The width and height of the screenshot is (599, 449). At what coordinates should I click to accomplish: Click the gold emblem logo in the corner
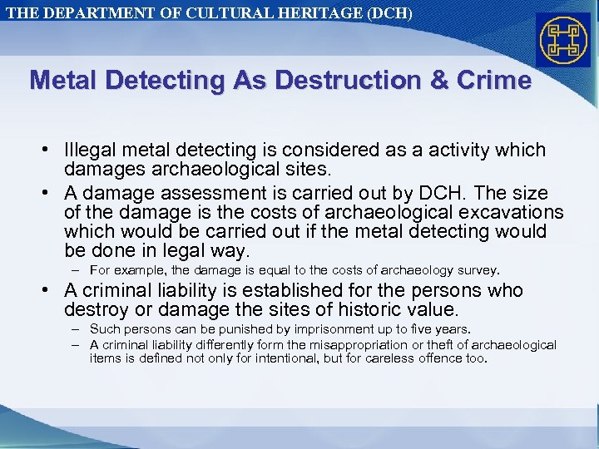pyautogui.click(x=563, y=41)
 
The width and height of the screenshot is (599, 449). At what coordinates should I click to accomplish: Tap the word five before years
pyautogui.click(x=425, y=330)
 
